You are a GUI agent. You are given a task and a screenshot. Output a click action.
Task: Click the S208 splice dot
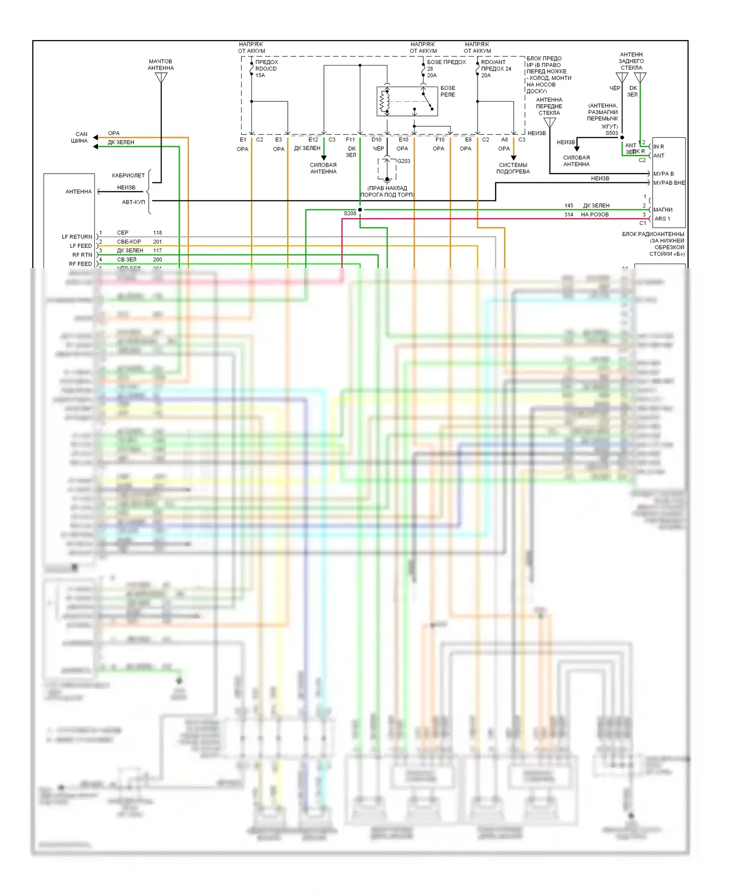pyautogui.click(x=360, y=210)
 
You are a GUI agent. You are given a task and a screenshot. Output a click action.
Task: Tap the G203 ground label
pyautogui.click(x=404, y=161)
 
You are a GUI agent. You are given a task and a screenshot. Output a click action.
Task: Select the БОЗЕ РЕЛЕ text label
pyautogui.click(x=448, y=91)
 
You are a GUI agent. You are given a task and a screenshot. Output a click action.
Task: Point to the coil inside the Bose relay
pyautogui.click(x=384, y=101)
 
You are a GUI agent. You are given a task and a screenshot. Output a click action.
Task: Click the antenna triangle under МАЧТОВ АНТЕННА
pyautogui.click(x=161, y=78)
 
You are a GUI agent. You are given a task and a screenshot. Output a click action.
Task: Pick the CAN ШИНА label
pyautogui.click(x=80, y=137)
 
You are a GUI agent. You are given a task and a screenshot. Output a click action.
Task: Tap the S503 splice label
pyautogui.click(x=612, y=133)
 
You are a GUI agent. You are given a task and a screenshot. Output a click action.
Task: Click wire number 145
pyautogui.click(x=569, y=206)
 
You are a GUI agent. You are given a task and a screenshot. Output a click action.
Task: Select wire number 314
pyautogui.click(x=569, y=215)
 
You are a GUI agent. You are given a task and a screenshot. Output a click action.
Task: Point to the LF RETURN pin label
pyautogui.click(x=77, y=237)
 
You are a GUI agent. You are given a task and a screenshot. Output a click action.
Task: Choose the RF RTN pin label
pyautogui.click(x=82, y=255)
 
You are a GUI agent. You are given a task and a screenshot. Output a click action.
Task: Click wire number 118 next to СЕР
pyautogui.click(x=158, y=233)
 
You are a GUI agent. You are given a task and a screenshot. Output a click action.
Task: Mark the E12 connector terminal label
pyautogui.click(x=313, y=140)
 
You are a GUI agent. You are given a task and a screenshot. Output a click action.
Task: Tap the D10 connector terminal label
pyautogui.click(x=376, y=140)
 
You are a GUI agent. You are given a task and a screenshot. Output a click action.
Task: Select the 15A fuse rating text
pyautogui.click(x=260, y=75)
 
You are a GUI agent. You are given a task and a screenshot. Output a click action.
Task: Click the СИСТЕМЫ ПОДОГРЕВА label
pyautogui.click(x=513, y=168)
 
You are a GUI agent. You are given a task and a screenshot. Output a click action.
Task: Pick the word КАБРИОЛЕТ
pyautogui.click(x=128, y=176)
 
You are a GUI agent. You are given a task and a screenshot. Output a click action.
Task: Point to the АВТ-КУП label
pyautogui.click(x=133, y=202)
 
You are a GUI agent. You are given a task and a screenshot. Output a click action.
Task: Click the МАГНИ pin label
pyautogui.click(x=663, y=210)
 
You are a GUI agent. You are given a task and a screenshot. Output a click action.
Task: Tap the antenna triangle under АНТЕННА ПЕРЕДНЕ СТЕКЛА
pyautogui.click(x=550, y=122)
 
